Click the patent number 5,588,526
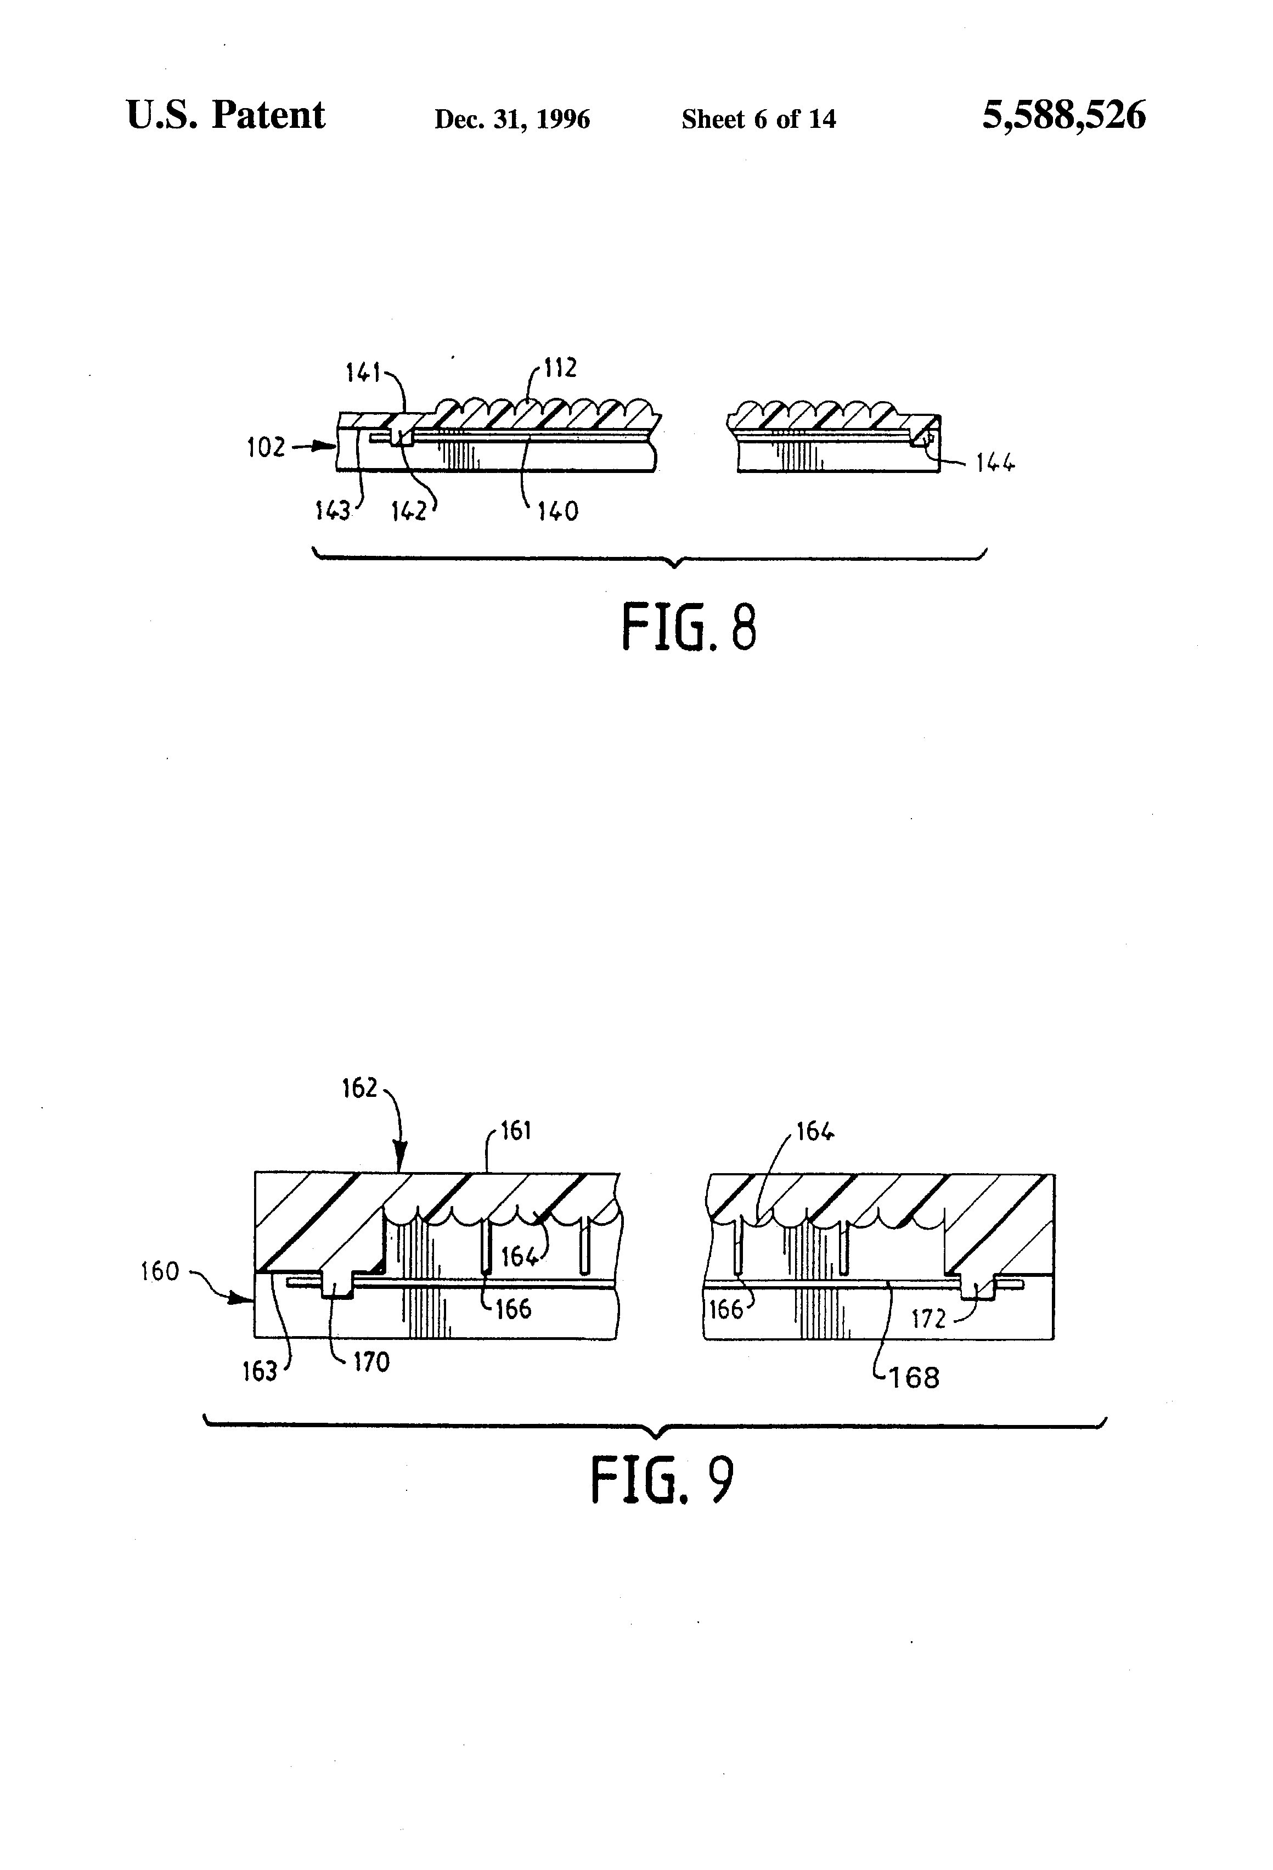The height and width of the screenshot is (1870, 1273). click(1064, 116)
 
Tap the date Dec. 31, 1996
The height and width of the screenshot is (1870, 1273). click(512, 120)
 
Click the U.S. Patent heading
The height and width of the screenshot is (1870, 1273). click(226, 115)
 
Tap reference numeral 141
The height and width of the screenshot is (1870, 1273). click(363, 373)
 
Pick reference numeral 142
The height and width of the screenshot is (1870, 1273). click(409, 511)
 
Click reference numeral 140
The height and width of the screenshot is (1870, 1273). click(559, 511)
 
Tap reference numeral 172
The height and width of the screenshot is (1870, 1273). click(928, 1319)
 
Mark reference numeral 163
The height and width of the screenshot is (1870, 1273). click(260, 1371)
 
